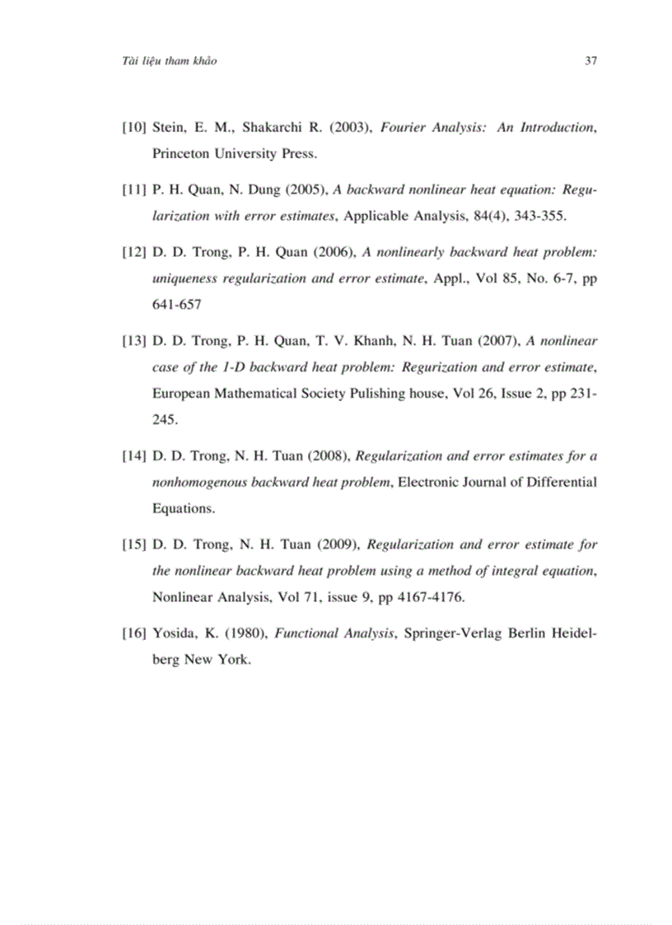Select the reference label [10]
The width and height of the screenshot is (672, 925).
pyautogui.click(x=134, y=128)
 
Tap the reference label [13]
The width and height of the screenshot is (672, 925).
pyautogui.click(x=134, y=340)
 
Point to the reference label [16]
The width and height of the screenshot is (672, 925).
pyautogui.click(x=134, y=633)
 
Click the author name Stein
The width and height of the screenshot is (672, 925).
pyautogui.click(x=170, y=128)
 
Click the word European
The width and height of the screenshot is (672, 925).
pyautogui.click(x=182, y=394)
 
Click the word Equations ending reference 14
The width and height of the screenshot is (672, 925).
pyautogui.click(x=183, y=508)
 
